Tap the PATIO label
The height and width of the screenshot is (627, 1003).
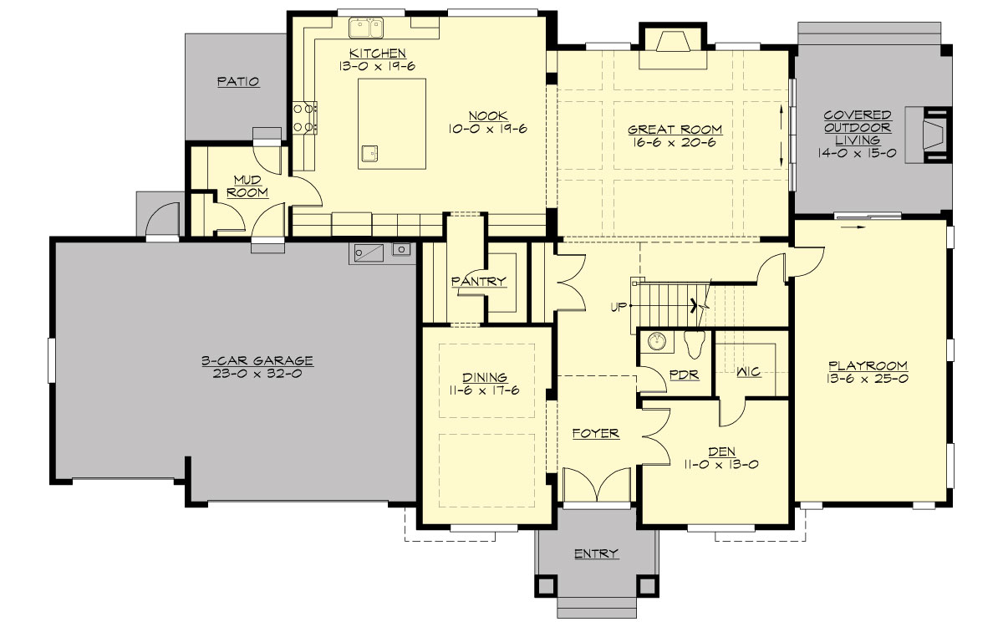(238, 82)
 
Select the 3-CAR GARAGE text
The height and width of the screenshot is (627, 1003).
(257, 361)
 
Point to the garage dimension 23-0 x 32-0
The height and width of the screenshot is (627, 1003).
(257, 374)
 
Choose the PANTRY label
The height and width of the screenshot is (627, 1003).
(479, 282)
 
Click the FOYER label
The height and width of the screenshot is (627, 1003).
(595, 433)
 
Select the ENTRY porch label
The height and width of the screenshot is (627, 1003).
(597, 553)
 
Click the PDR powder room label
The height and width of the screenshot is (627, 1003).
(684, 375)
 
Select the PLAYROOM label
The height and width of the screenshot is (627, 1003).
(868, 365)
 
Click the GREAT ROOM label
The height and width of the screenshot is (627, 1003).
(675, 130)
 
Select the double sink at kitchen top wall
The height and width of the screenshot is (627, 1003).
(365, 28)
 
